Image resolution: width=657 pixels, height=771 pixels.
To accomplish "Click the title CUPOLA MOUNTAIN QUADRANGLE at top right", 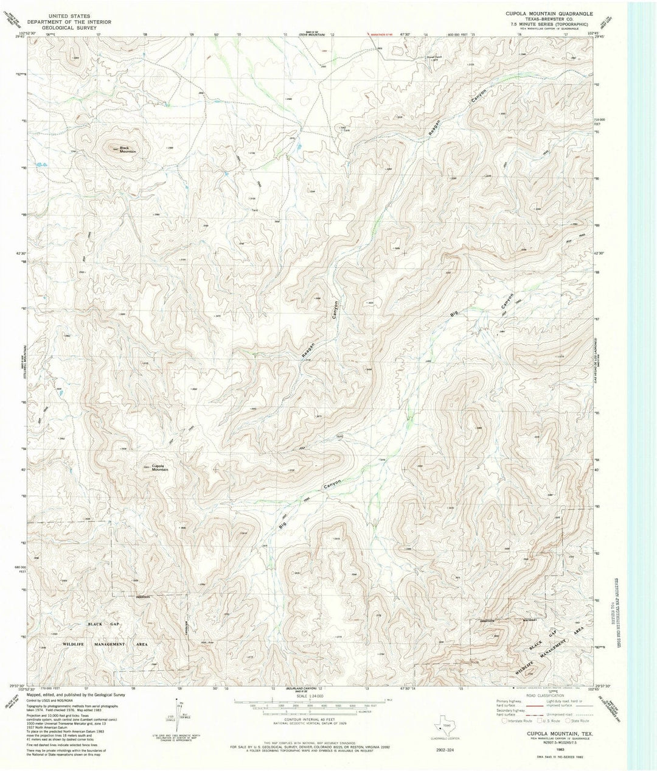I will (x=555, y=12).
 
